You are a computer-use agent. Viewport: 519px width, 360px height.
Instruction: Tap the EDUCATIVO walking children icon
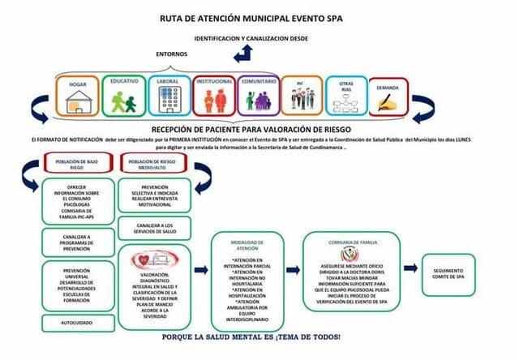124,101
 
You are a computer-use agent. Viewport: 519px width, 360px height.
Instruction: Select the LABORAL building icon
169,101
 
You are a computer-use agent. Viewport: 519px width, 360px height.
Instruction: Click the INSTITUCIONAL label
214,82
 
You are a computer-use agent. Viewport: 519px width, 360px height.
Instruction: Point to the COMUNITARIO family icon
259,101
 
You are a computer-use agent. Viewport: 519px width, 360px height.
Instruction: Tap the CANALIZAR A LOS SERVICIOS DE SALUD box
154,227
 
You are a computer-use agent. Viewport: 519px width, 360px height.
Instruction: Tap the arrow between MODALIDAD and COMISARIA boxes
294,272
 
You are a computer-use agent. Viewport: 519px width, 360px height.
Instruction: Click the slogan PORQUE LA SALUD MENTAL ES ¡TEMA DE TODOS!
251,336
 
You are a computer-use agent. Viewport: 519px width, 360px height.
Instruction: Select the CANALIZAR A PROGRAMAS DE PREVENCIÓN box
76,241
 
